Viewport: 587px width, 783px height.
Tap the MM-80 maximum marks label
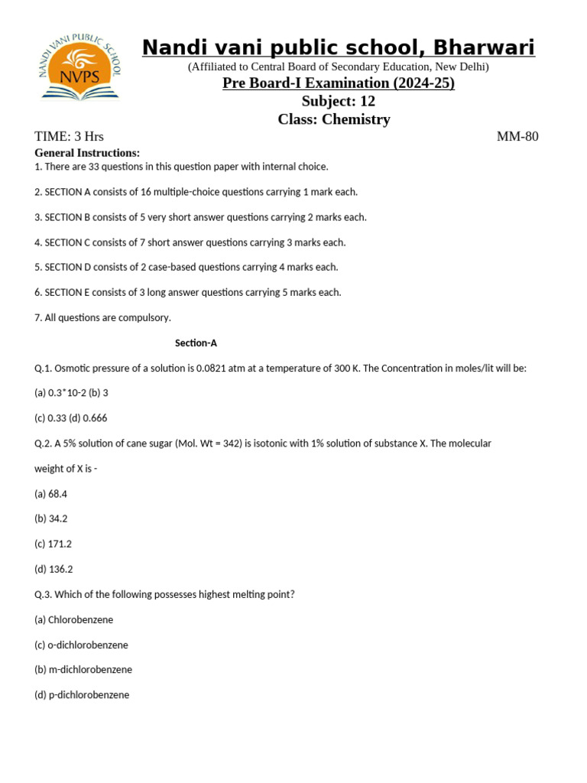517,137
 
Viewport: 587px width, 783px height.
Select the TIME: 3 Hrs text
69,137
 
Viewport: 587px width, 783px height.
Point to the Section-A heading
196,343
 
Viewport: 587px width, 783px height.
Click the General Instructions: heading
87,153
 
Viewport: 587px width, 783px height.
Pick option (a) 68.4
50,494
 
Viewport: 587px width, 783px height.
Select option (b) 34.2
51,519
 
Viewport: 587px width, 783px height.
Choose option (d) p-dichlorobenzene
82,695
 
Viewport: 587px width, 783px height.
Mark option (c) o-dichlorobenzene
81,645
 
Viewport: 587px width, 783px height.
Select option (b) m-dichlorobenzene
83,670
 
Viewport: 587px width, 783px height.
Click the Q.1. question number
43,369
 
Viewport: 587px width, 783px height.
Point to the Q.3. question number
43,594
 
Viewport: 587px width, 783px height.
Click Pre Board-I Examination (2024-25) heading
339,83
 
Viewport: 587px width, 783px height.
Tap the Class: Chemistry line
334,119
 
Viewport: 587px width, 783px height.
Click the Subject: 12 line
338,101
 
